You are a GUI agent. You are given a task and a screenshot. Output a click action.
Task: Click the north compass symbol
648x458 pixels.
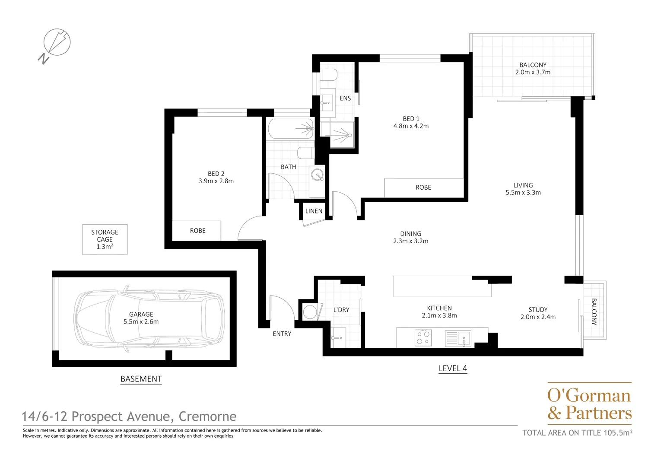point(56,43)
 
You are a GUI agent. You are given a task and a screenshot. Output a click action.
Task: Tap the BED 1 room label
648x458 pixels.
point(411,118)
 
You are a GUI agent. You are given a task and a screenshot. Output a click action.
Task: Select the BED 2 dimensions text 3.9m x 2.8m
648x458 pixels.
point(216,181)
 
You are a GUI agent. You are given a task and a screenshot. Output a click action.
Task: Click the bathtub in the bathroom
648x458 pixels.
point(290,128)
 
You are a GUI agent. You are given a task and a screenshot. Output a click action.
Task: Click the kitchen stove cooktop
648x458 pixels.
point(423,337)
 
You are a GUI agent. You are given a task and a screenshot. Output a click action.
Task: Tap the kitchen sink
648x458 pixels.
point(464,337)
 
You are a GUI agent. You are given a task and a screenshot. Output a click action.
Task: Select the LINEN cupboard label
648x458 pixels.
point(314,211)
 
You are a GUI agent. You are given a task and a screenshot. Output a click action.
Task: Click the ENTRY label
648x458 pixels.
point(282,334)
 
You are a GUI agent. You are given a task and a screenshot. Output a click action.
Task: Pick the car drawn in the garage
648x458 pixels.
point(149,318)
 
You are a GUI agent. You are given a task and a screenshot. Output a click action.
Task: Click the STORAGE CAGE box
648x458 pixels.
point(105,239)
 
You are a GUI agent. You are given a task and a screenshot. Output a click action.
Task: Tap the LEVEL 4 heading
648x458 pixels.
point(452,369)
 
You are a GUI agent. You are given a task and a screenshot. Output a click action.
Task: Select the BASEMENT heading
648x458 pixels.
point(141,379)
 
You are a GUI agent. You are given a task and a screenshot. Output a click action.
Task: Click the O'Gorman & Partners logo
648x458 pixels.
point(589,404)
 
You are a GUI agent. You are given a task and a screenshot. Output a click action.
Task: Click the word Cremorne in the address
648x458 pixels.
point(207,417)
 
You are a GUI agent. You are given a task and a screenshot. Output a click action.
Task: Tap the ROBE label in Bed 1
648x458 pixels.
point(423,188)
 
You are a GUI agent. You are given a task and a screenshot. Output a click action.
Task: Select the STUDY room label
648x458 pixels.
point(538,309)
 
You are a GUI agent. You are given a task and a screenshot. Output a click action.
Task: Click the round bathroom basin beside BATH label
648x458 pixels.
point(318,175)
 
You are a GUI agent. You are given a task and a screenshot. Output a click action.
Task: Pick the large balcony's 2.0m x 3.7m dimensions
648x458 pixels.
point(533,72)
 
